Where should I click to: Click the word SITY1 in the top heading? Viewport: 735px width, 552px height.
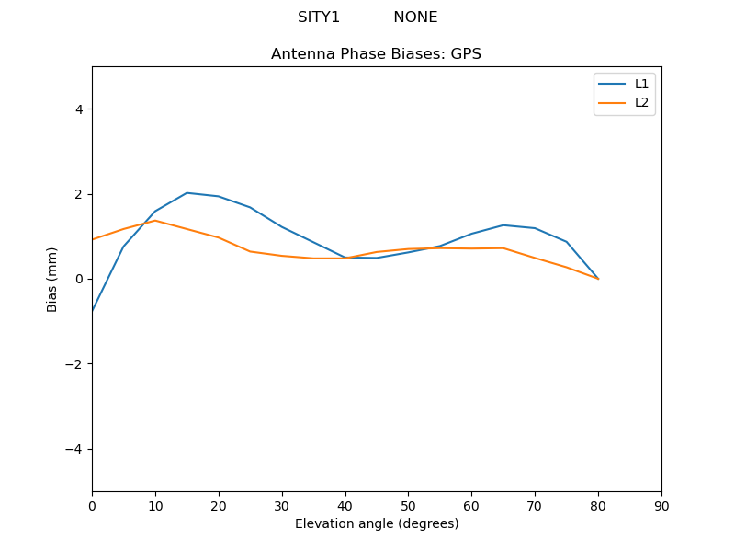coord(319,17)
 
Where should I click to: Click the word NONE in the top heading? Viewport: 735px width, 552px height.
coord(415,17)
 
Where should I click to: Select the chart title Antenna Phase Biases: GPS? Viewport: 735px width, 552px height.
coord(376,54)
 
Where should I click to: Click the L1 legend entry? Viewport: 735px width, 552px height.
coord(641,84)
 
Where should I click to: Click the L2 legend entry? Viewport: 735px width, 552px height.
coord(641,102)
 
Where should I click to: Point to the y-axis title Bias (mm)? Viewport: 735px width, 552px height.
coord(52,279)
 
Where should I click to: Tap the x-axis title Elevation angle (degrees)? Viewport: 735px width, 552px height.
coord(376,523)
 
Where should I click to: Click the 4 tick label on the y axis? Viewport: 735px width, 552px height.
coord(78,109)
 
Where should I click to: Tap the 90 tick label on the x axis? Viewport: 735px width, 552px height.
coord(661,506)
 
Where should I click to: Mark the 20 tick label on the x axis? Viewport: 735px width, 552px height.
coord(218,506)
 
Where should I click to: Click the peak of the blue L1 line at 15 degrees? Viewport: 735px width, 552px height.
coord(187,192)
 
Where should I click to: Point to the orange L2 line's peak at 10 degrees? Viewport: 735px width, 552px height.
coord(155,220)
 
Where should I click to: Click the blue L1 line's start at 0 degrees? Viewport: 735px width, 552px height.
coord(93,310)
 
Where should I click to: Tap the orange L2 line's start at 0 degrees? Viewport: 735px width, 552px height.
coord(93,239)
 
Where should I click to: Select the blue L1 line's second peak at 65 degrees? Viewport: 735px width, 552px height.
coord(503,225)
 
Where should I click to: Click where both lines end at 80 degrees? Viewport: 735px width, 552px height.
coord(598,279)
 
